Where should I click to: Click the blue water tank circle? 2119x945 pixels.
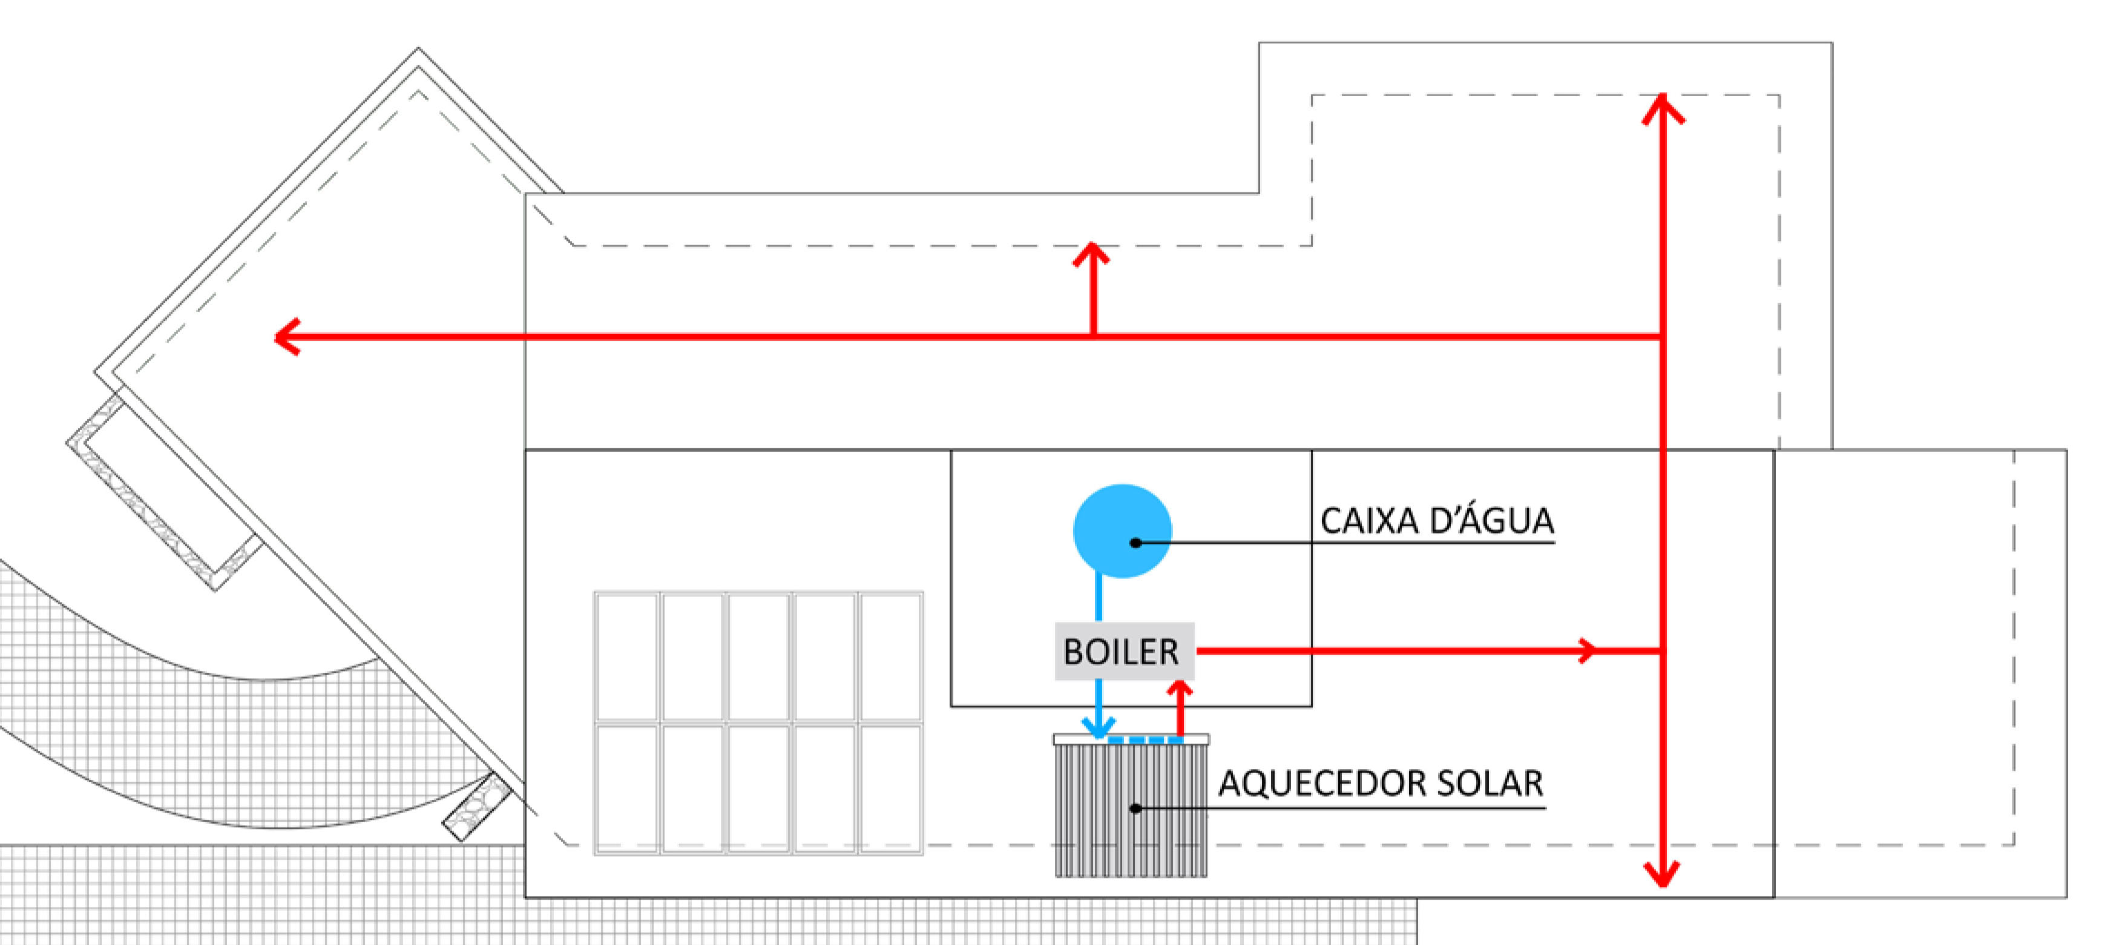pyautogui.click(x=1122, y=531)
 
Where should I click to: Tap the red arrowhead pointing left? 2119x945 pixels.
pyautogui.click(x=286, y=336)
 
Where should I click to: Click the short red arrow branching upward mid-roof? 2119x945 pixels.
pyautogui.click(x=1092, y=255)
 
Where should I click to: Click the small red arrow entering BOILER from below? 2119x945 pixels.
pyautogui.click(x=1180, y=691)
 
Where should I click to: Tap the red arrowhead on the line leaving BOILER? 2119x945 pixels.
pyautogui.click(x=1588, y=650)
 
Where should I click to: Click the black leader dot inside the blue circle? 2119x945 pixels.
pyautogui.click(x=1135, y=543)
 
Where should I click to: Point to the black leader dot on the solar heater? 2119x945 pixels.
pyautogui.click(x=1135, y=808)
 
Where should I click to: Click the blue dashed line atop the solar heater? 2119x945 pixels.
pyautogui.click(x=1146, y=740)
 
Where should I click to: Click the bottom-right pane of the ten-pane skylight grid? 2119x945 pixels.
pyautogui.click(x=890, y=788)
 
